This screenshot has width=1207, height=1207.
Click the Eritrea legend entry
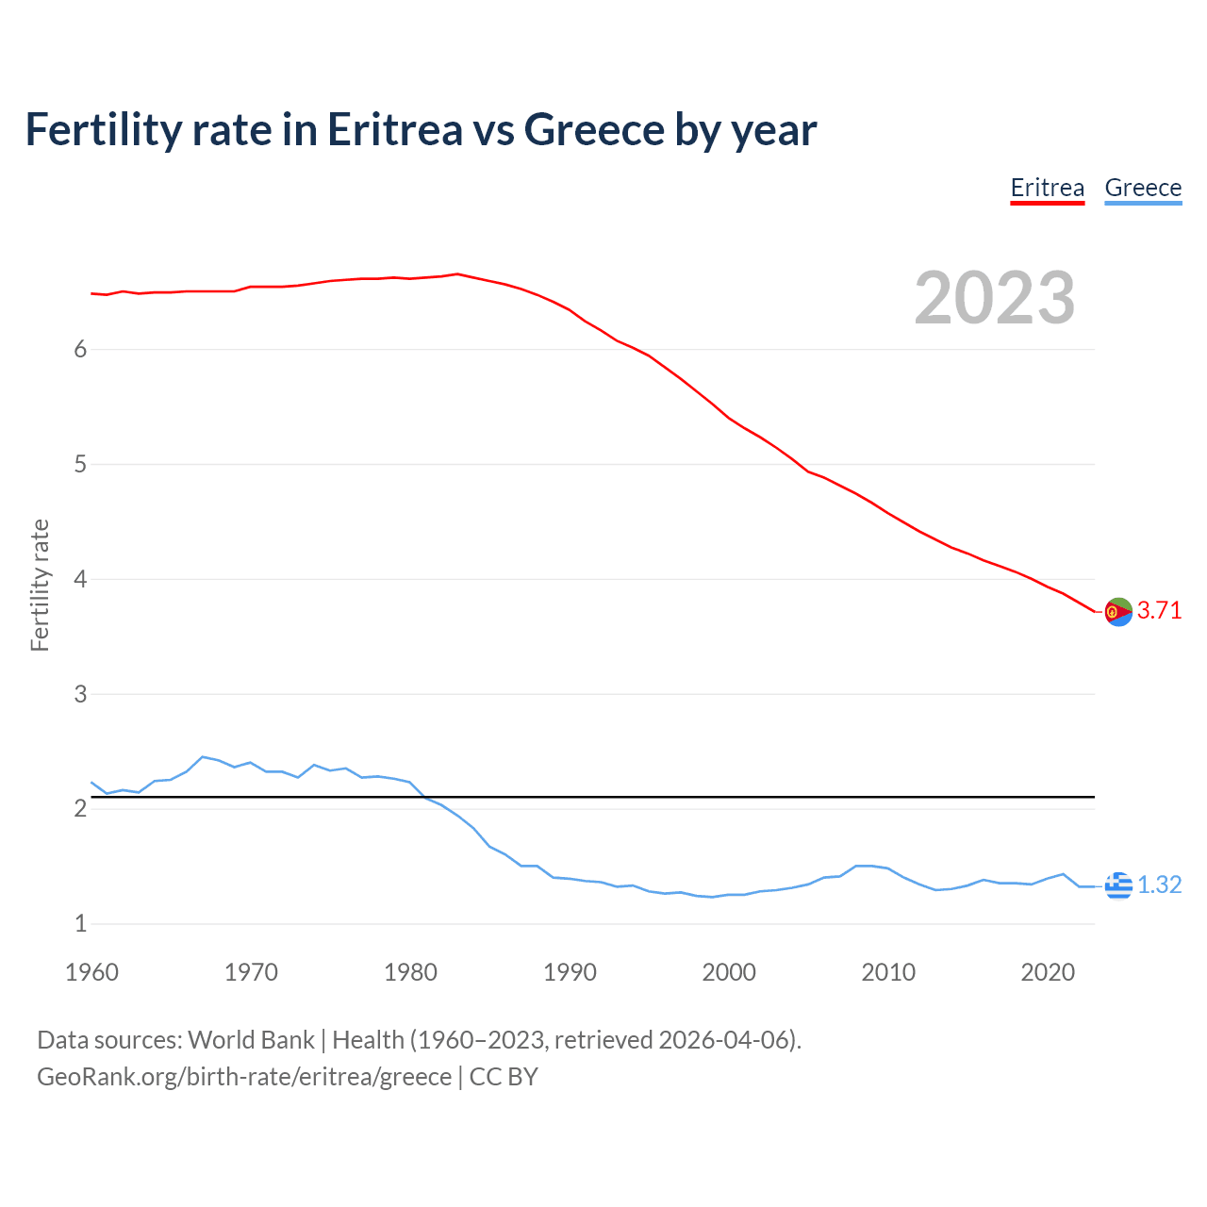[1047, 188]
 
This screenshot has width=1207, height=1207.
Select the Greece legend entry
[1143, 188]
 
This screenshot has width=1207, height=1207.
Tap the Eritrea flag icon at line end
[1117, 612]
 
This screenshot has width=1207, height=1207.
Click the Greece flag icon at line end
[1117, 885]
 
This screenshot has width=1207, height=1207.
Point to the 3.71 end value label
[1159, 610]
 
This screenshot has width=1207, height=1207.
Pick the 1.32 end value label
[1159, 885]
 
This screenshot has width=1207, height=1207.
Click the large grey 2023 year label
[994, 298]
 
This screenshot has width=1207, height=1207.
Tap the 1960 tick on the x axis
[91, 972]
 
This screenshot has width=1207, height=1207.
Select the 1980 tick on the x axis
[410, 972]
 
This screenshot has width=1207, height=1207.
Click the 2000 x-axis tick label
[729, 972]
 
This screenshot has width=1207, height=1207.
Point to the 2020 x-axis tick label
[1048, 972]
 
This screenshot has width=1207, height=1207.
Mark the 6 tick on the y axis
[80, 350]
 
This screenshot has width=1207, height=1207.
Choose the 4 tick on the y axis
[80, 579]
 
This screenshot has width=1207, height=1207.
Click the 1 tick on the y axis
[80, 923]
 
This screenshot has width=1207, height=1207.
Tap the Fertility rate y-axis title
[40, 585]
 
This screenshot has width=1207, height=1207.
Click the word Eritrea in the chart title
[394, 129]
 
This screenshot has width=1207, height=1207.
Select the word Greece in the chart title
[593, 129]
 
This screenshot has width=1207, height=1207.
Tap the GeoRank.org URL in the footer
[244, 1077]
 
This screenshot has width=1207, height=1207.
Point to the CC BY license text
[504, 1077]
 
